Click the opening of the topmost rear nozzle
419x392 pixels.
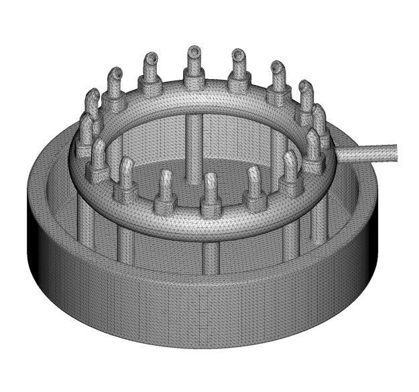pyautogui.click(x=194, y=51)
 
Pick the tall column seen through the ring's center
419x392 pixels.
pyautogui.click(x=193, y=144)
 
